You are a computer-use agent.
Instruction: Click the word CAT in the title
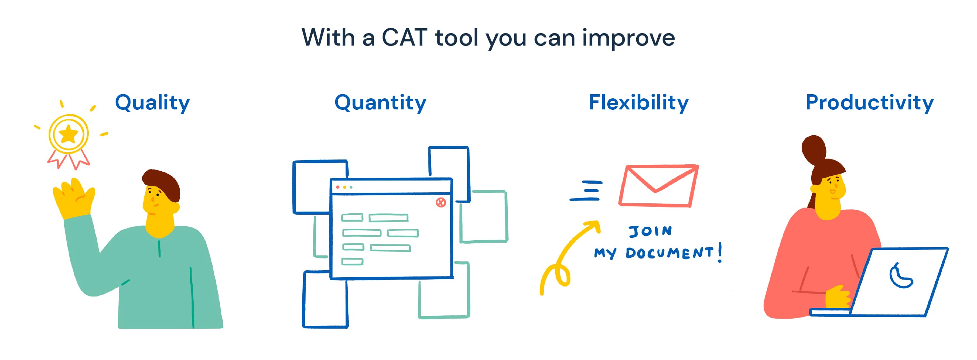[404, 38]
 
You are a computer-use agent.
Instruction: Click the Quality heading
[152, 103]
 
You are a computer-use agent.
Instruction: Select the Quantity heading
[380, 103]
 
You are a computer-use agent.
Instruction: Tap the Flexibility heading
[638, 103]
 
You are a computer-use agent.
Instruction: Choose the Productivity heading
[869, 103]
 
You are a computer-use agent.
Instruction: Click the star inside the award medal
[69, 134]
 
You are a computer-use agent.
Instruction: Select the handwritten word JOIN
[650, 231]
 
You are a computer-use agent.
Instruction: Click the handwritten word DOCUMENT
[669, 253]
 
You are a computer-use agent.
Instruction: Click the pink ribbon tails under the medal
[68, 159]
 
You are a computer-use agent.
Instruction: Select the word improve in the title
[628, 38]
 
